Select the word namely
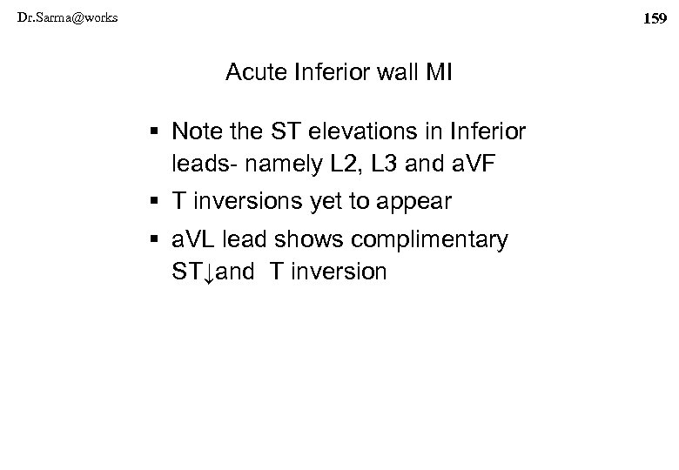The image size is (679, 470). (284, 164)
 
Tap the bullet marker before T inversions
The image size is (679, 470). (156, 202)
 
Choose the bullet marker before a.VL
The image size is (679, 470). (156, 241)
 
